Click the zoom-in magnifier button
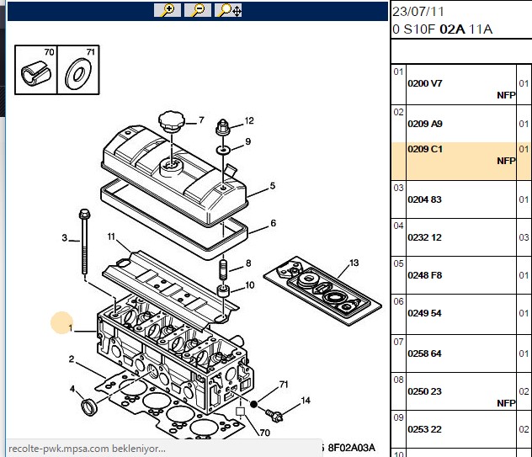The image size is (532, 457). (x=168, y=10)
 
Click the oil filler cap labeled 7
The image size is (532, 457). (x=172, y=121)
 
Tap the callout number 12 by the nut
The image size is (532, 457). (x=249, y=121)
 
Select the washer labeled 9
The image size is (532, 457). (x=223, y=149)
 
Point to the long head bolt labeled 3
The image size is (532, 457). (x=84, y=242)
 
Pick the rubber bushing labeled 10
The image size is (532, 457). (x=223, y=290)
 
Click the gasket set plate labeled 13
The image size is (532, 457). (x=322, y=290)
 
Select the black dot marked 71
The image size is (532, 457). (x=253, y=404)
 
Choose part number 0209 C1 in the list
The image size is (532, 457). (x=425, y=149)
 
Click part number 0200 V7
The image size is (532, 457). (x=425, y=83)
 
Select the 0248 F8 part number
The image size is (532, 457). (x=425, y=275)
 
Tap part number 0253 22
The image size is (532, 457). (x=424, y=429)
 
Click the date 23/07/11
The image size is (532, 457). (x=418, y=12)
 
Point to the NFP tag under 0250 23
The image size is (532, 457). (x=506, y=403)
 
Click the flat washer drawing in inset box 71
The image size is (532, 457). (x=78, y=74)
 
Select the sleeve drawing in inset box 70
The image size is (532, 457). (x=36, y=73)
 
